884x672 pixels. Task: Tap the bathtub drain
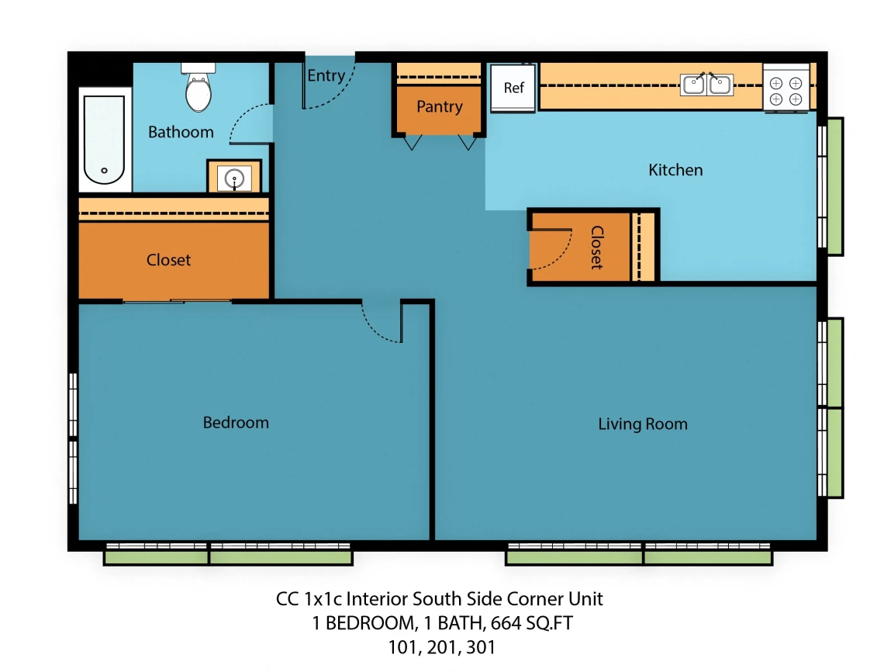[x=104, y=170]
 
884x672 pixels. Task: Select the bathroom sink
[x=234, y=178]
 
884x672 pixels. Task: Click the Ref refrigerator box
[x=513, y=88]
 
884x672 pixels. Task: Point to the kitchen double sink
[x=707, y=85]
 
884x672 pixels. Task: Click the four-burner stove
[x=786, y=91]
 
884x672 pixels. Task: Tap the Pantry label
[x=440, y=107]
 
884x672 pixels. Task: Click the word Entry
[x=326, y=75]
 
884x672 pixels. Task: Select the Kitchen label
[x=675, y=170]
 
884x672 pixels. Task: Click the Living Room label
[x=643, y=424]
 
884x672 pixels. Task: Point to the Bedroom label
[x=236, y=423]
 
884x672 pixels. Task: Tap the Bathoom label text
[x=181, y=132]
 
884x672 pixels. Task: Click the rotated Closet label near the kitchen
[x=597, y=248]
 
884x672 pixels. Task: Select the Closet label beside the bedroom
[x=168, y=260]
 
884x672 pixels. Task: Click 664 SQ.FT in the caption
[x=532, y=623]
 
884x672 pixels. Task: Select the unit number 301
[x=481, y=647]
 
